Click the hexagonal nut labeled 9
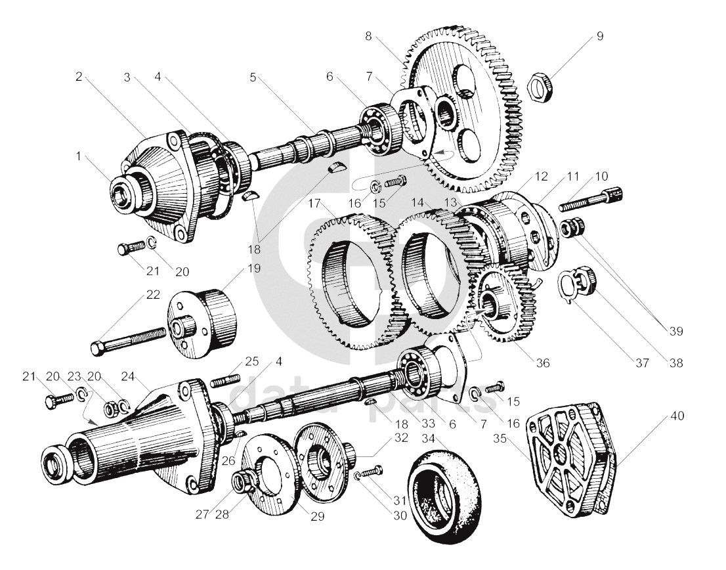click(540, 86)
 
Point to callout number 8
click(368, 36)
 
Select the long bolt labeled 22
click(128, 339)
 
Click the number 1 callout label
click(79, 156)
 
